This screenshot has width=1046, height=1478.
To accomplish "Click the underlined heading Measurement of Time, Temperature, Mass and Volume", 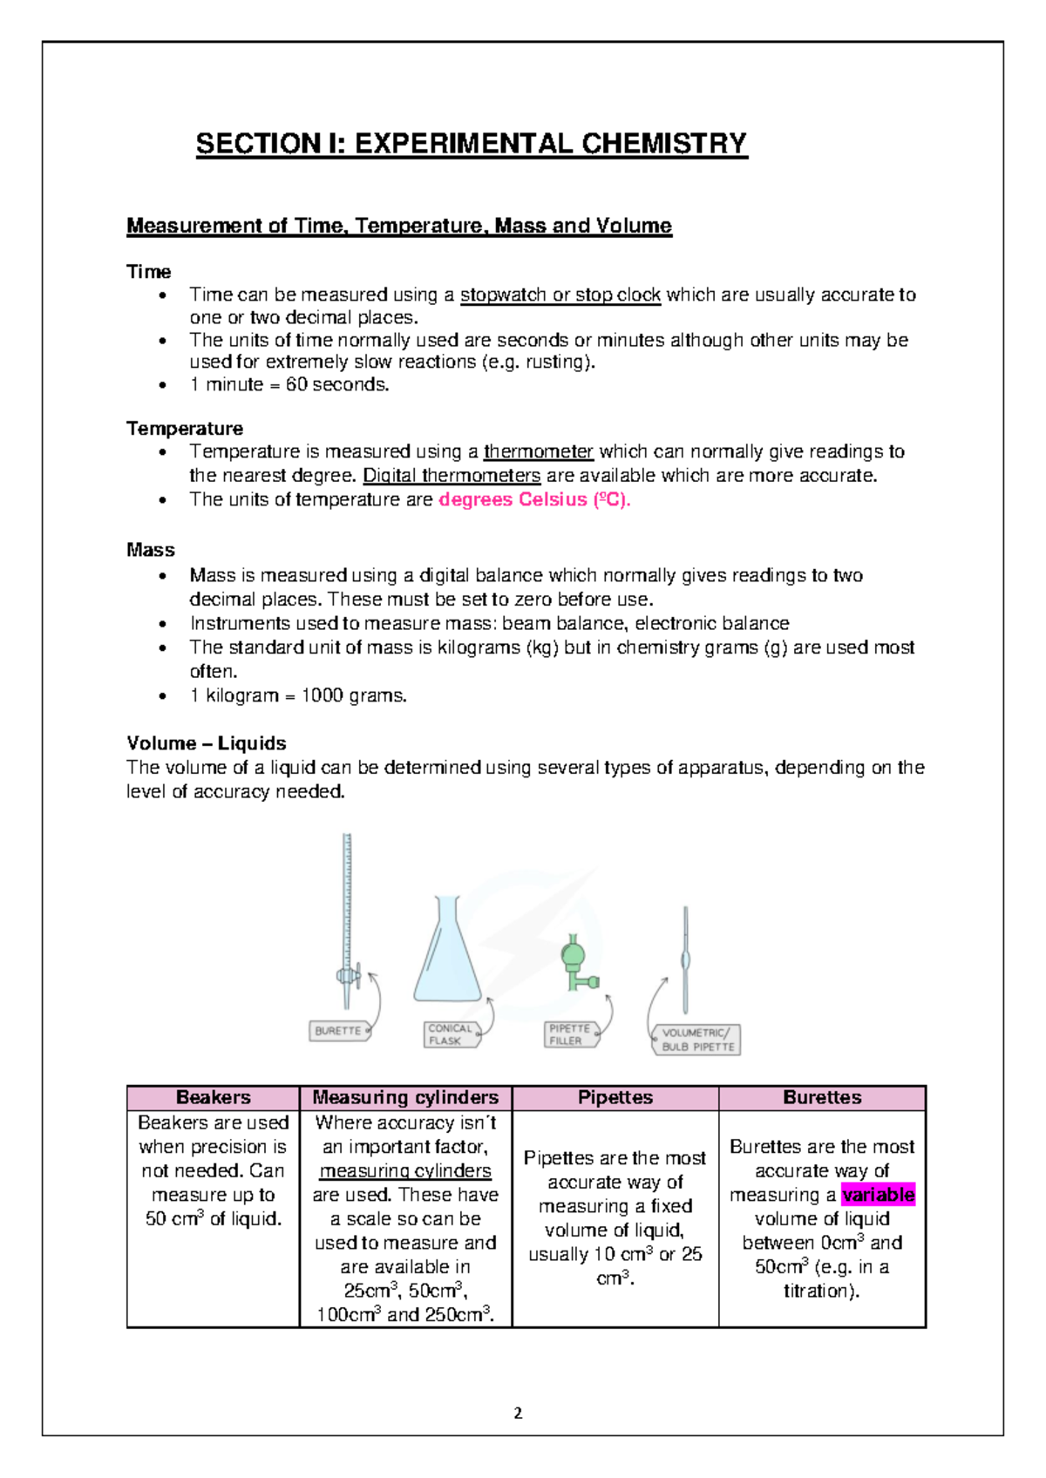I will coord(399,226).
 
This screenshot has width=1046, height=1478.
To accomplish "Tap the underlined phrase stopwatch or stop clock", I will coord(560,295).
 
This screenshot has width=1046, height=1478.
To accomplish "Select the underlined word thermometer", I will coord(538,451).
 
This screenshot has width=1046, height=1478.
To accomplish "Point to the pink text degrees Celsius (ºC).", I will coord(533,499).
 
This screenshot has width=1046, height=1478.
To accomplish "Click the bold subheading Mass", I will coord(151,550).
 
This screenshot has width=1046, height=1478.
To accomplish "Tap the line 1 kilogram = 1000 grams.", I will coord(298,695).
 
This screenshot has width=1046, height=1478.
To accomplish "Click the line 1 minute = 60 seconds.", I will coord(289,384).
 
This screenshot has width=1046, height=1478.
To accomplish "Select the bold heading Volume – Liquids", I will coord(207,743).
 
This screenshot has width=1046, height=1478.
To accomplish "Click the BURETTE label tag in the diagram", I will coord(338,1031).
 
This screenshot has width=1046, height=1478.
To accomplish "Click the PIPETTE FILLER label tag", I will coord(570,1034).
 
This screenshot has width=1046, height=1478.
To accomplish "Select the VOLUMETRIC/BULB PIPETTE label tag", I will coord(697,1040).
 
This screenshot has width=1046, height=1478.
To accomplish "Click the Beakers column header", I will coord(214,1098).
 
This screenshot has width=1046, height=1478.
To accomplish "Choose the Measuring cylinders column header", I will coord(405,1098).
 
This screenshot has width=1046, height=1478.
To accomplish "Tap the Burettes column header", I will coord(822,1098).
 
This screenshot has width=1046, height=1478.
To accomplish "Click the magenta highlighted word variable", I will coord(878,1195).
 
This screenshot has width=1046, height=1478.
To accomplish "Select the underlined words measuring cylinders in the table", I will coord(405,1170).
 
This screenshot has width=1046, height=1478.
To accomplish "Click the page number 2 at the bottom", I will coord(519,1414).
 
